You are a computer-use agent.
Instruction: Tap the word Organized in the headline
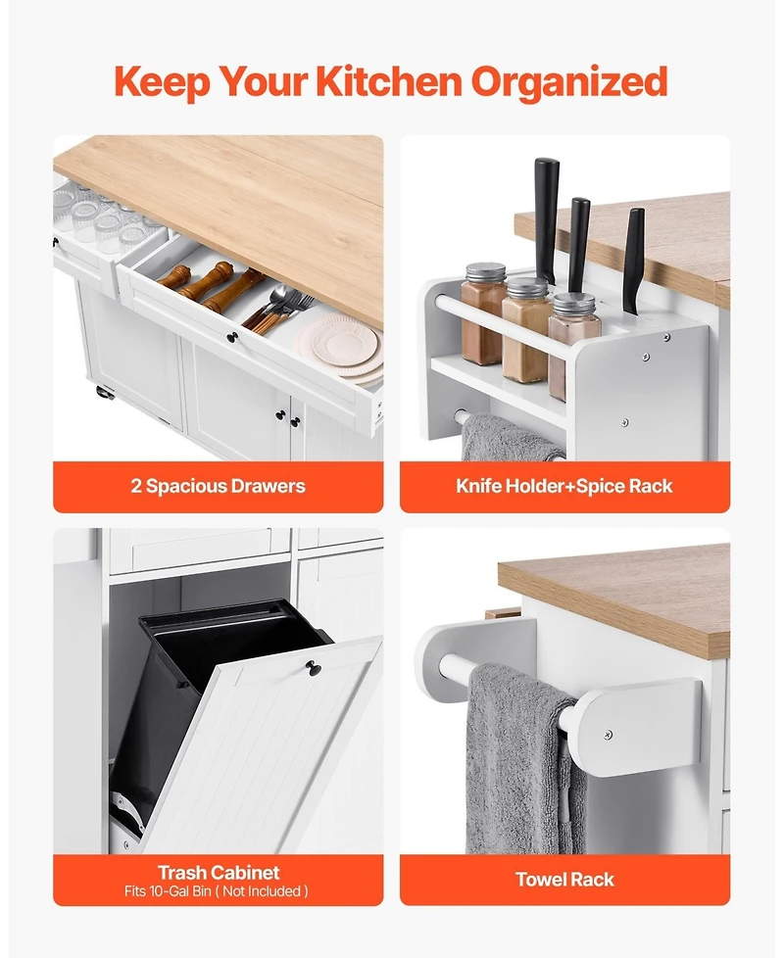(570, 82)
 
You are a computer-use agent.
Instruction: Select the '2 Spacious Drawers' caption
(218, 486)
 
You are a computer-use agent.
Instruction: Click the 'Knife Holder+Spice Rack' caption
(564, 486)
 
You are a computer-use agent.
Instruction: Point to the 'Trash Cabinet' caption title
(218, 872)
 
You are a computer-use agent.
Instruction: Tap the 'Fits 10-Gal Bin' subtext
(218, 891)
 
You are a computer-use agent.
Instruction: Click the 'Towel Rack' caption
(564, 879)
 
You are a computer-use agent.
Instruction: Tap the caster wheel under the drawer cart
(103, 393)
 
